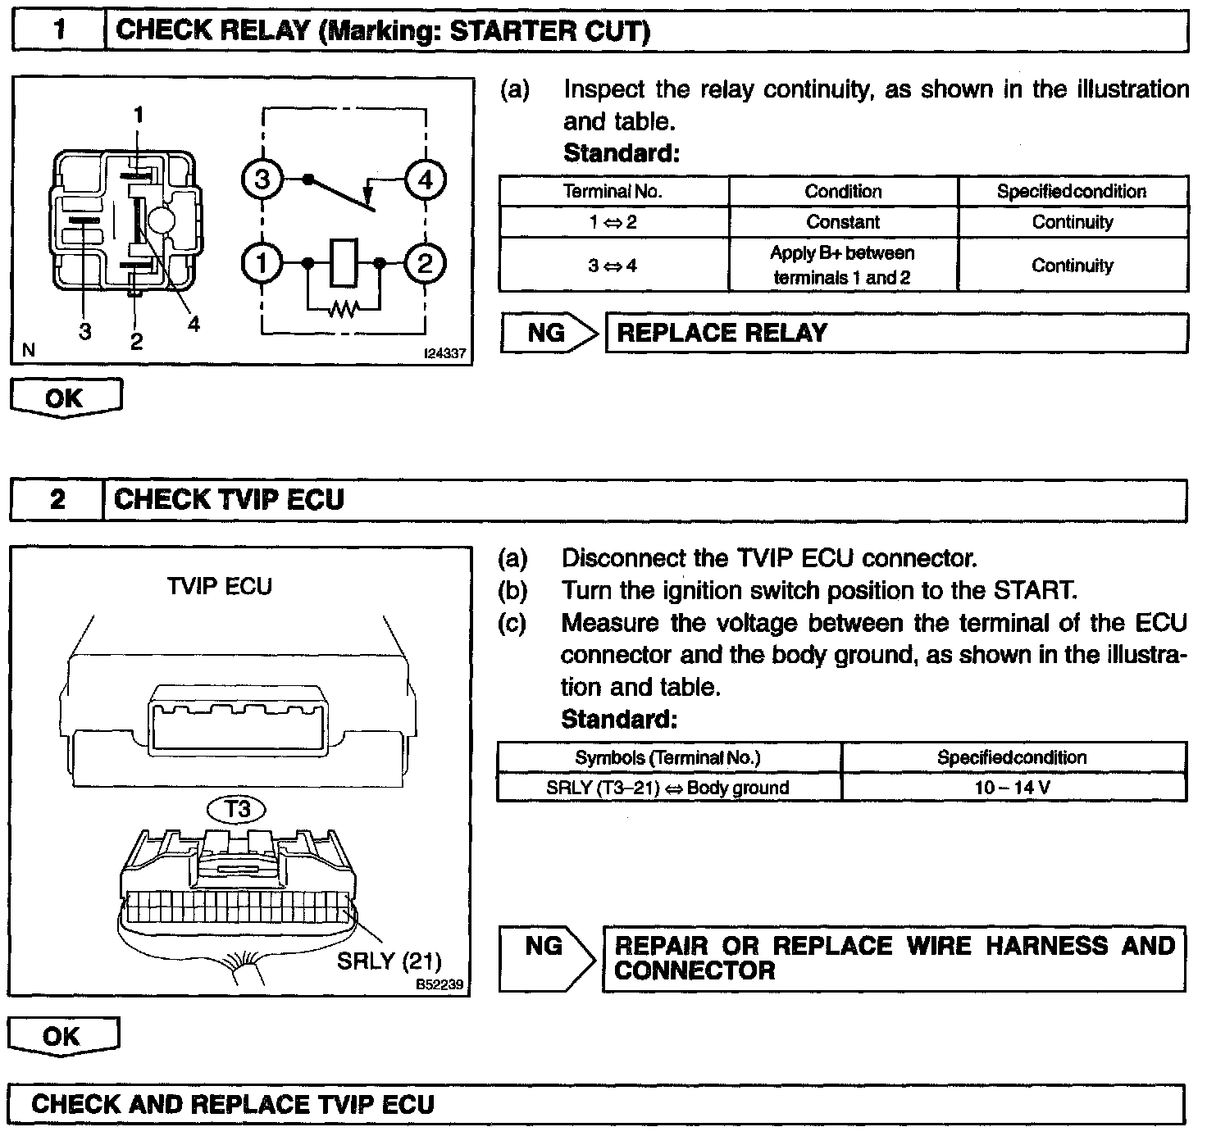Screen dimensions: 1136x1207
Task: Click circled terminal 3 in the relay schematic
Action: (x=262, y=179)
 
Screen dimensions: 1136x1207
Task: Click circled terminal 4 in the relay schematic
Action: (x=425, y=179)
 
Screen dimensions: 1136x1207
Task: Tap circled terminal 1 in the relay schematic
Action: (x=262, y=263)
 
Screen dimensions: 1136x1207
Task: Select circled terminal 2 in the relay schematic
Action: (x=425, y=263)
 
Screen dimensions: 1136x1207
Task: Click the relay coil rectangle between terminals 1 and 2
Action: (x=344, y=263)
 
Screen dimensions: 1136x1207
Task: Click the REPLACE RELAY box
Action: (x=895, y=334)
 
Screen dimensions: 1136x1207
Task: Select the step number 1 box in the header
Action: (x=59, y=31)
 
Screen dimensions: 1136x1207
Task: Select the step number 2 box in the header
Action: (x=57, y=499)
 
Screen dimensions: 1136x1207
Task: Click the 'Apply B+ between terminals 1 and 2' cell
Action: (x=843, y=265)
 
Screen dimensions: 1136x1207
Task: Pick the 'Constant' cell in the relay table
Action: (x=843, y=222)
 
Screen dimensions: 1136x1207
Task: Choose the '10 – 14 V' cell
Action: (x=1013, y=788)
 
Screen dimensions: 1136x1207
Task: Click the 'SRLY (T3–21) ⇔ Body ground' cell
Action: (x=668, y=788)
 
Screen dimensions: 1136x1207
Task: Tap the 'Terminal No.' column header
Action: (x=613, y=192)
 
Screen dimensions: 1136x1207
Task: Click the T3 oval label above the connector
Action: (x=238, y=810)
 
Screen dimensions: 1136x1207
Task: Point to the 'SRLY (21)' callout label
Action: (x=389, y=960)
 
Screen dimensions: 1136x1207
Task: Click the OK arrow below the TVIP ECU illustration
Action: (x=63, y=1037)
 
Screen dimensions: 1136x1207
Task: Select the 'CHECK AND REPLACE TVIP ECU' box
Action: (x=596, y=1104)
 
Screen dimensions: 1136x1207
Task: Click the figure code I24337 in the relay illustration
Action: (x=444, y=354)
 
